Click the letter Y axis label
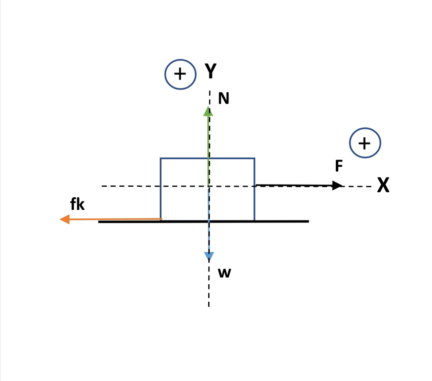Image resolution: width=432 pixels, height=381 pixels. pos(210,71)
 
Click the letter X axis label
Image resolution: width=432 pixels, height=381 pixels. pos(383,185)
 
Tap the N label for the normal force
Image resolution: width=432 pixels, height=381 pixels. pos(223,98)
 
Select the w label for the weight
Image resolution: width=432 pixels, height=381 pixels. pos(224,273)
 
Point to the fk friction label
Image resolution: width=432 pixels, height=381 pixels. pos(77,204)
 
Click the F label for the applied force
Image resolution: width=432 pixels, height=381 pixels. pos(339,166)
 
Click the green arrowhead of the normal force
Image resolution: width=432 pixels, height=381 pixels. pos(208,111)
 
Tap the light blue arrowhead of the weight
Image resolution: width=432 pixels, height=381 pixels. pos(209,257)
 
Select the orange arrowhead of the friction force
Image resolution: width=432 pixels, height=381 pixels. pos(65,219)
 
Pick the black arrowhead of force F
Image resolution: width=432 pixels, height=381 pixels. pos(337,185)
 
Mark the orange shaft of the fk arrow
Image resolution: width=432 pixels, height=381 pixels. pos(116,219)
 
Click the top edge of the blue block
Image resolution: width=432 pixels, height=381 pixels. pos(207,158)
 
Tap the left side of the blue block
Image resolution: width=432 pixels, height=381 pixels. pos(160,189)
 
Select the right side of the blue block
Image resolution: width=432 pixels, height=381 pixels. pos(254,189)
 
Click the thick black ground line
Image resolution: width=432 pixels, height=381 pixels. pos(204,221)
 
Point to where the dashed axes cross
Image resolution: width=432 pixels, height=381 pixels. pos(209,186)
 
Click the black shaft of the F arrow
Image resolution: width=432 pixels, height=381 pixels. pos(294,185)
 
